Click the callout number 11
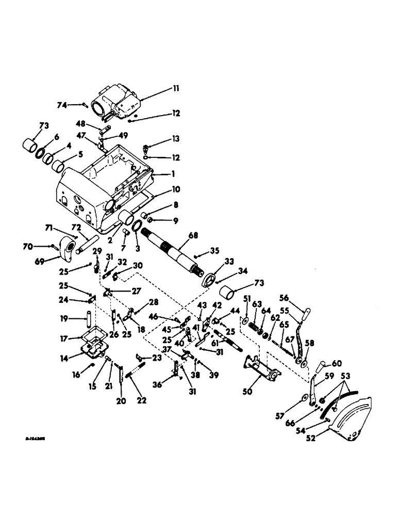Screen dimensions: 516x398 [x=176, y=89]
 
